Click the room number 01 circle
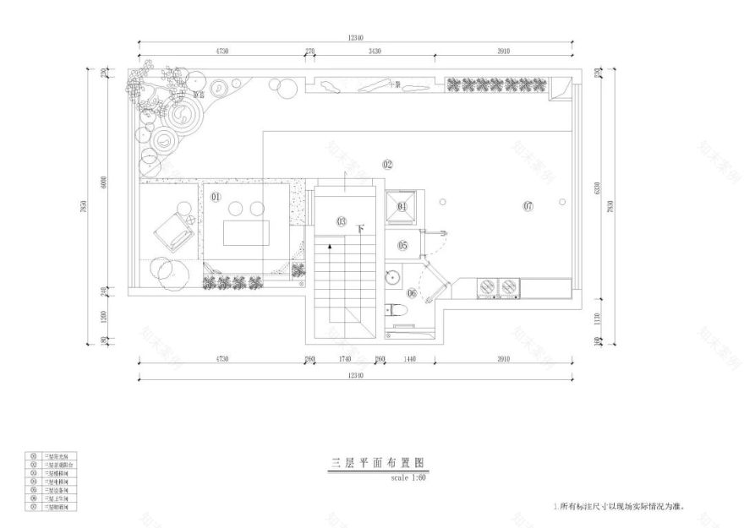click(x=215, y=197)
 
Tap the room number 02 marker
click(x=388, y=164)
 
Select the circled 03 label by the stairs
click(x=341, y=221)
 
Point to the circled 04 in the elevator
click(x=402, y=206)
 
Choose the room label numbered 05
click(x=402, y=246)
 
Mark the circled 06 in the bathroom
click(x=412, y=293)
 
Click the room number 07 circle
click(x=528, y=206)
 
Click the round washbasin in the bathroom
click(x=392, y=275)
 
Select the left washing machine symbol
click(x=487, y=286)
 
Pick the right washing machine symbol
click(x=508, y=286)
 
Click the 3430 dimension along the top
click(x=375, y=52)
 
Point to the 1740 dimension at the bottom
click(x=343, y=358)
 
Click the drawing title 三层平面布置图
click(x=376, y=463)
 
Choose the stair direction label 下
click(x=361, y=228)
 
